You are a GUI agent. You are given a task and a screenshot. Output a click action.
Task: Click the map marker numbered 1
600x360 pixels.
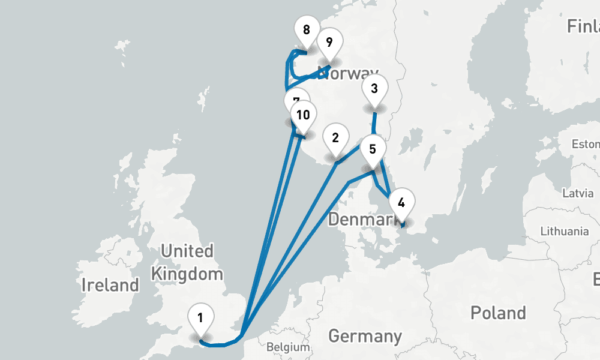(200, 317)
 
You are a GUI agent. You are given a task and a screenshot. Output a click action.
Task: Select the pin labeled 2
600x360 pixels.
(335, 137)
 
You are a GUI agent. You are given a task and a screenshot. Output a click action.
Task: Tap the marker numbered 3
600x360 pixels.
(374, 89)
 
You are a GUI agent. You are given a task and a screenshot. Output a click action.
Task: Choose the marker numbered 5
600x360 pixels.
(373, 149)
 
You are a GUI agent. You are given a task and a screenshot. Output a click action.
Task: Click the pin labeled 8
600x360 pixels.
(307, 29)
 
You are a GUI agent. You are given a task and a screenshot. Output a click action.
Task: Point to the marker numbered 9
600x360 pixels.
(329, 43)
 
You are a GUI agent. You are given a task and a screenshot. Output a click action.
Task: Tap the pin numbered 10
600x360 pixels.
(303, 114)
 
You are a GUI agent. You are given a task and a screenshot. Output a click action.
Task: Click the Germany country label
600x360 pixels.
(365, 335)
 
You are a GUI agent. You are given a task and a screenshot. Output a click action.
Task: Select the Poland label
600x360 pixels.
(498, 313)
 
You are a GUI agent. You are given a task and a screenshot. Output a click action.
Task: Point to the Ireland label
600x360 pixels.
(110, 284)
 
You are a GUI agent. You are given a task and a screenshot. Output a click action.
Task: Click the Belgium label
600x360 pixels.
(288, 347)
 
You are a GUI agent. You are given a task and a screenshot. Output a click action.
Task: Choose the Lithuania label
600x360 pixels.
(565, 231)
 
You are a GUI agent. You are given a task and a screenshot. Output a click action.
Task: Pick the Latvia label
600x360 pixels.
(578, 193)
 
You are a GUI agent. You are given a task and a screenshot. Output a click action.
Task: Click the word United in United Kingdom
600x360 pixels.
(187, 250)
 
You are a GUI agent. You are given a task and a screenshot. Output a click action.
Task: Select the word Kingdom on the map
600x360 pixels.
(187, 274)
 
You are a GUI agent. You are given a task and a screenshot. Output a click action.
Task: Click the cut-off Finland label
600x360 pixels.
(584, 27)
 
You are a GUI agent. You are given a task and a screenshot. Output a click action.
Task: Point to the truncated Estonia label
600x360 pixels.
(586, 144)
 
